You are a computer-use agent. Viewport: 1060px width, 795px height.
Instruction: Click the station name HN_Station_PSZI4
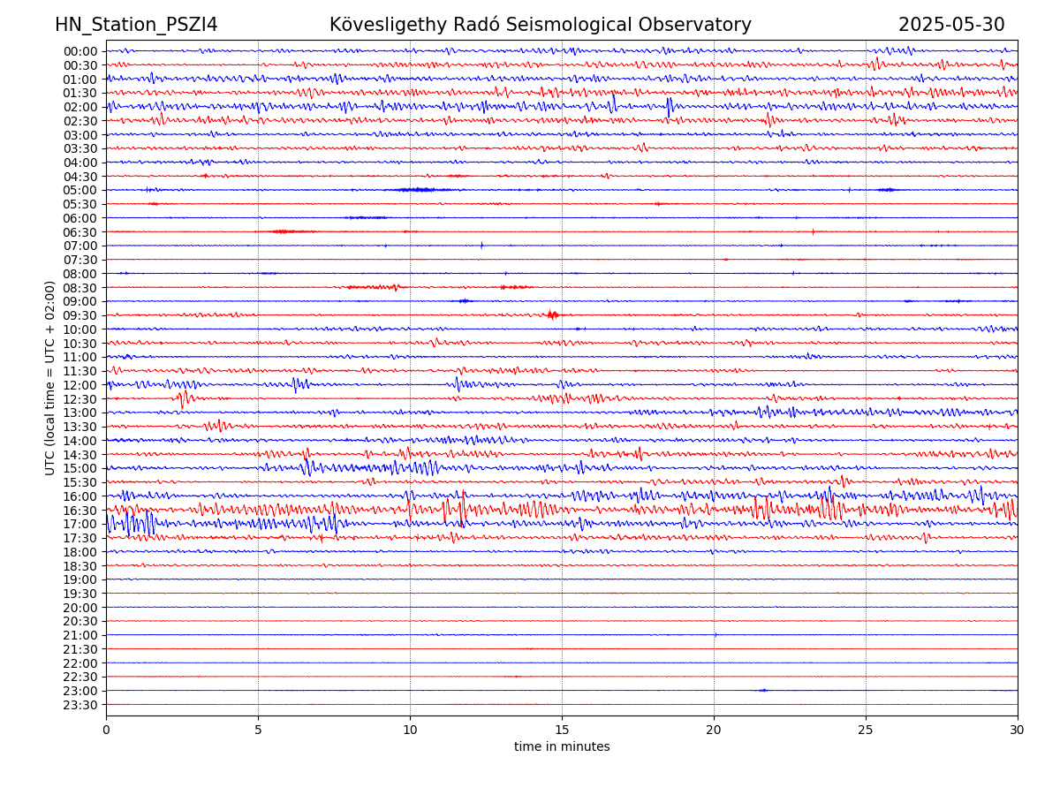pyautogui.click(x=136, y=25)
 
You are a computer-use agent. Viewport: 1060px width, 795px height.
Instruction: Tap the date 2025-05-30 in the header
pyautogui.click(x=951, y=25)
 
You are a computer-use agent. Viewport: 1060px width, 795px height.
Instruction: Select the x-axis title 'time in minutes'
pyautogui.click(x=562, y=746)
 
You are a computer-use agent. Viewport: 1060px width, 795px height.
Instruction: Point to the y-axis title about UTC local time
pyautogui.click(x=50, y=378)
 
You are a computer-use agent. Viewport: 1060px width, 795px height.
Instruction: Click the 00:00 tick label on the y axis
pyautogui.click(x=80, y=51)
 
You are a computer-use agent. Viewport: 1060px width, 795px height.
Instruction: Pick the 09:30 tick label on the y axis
pyautogui.click(x=80, y=315)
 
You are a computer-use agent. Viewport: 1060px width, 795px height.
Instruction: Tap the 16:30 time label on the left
pyautogui.click(x=80, y=511)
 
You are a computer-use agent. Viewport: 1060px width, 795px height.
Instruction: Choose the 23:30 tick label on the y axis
pyautogui.click(x=80, y=705)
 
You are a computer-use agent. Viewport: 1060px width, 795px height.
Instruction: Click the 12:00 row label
pyautogui.click(x=80, y=385)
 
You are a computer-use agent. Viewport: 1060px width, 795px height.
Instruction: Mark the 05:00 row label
pyautogui.click(x=80, y=190)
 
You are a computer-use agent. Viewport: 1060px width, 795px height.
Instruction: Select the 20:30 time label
pyautogui.click(x=80, y=622)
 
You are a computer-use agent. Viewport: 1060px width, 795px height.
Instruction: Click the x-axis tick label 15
pyautogui.click(x=562, y=730)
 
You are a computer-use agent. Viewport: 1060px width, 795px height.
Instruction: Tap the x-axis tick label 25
pyautogui.click(x=866, y=730)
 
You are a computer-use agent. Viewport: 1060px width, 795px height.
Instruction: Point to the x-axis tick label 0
pyautogui.click(x=106, y=730)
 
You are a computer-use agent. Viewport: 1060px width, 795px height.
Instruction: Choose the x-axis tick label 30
pyautogui.click(x=1018, y=730)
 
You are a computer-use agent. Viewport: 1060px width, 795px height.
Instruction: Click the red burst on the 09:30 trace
pyautogui.click(x=553, y=314)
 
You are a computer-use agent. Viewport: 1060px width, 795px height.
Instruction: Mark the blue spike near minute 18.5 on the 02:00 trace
pyautogui.click(x=669, y=106)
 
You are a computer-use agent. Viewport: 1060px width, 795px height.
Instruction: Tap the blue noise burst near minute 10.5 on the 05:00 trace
pyautogui.click(x=417, y=190)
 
